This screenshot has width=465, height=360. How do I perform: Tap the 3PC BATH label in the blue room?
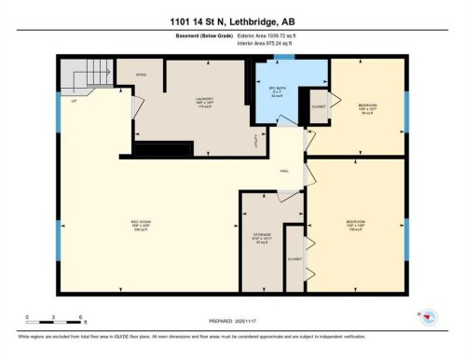(276, 90)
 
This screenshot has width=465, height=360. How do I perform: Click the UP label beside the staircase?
(73, 100)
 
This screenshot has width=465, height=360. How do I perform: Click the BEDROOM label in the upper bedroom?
(368, 107)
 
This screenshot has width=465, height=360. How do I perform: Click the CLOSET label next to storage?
(294, 259)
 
